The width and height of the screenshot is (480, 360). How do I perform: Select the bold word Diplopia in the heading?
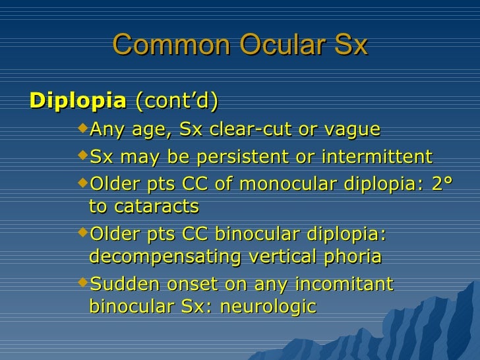click(78, 102)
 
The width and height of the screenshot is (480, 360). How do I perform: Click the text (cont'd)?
click(177, 102)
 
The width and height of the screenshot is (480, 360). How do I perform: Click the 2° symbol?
click(438, 185)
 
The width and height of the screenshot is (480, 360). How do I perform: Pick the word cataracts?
click(157, 206)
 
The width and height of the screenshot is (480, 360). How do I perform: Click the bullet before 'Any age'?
click(82, 128)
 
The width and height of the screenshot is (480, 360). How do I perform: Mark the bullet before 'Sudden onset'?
click(82, 282)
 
